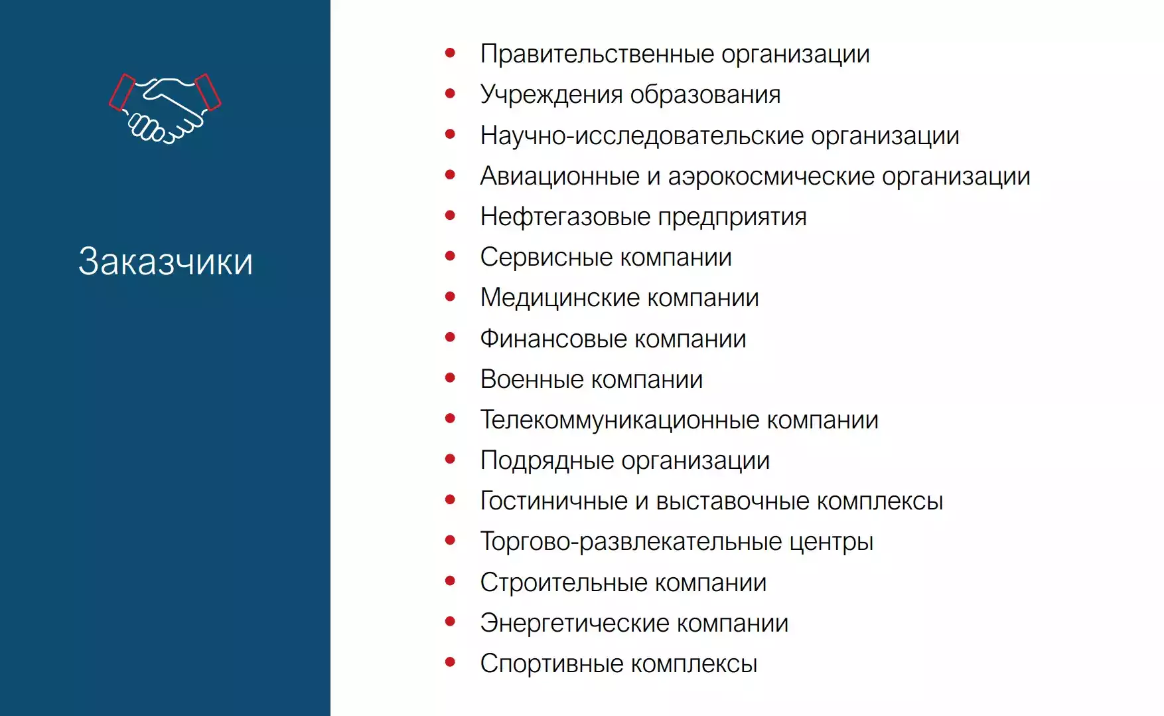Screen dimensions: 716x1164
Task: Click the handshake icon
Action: (165, 108)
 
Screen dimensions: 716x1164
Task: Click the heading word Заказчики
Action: (165, 261)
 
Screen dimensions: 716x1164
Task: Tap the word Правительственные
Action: (597, 54)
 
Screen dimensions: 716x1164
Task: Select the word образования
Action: (705, 95)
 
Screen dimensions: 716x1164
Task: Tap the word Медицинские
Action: (559, 298)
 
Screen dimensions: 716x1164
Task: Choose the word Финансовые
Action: (552, 339)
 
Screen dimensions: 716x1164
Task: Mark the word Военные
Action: (532, 380)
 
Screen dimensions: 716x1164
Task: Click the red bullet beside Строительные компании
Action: (451, 581)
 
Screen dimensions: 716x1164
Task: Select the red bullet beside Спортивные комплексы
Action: (451, 662)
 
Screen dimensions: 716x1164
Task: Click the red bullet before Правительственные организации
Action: (451, 52)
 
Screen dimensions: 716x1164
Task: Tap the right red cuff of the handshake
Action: (208, 92)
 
